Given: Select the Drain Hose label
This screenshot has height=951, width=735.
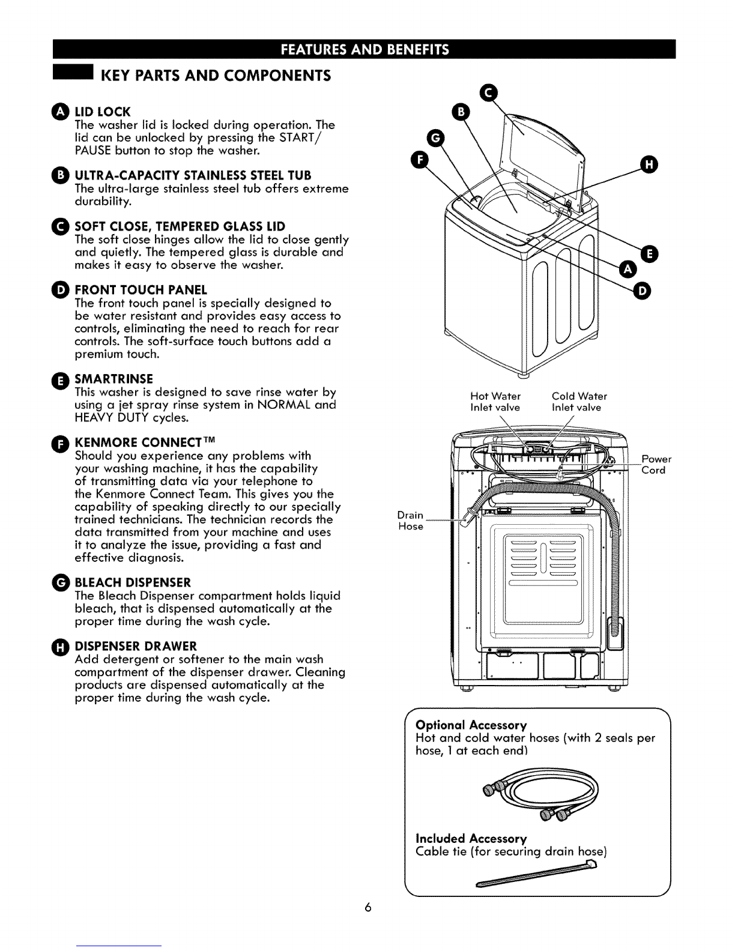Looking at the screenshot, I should (411, 521).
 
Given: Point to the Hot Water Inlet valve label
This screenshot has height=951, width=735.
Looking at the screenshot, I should (495, 402).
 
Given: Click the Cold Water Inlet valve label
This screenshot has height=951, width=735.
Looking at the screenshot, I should (579, 402).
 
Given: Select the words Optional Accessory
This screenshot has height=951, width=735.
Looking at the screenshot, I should (471, 725).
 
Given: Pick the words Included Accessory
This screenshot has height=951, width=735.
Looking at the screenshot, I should (471, 838).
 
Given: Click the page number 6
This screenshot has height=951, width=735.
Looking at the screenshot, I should (367, 908).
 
